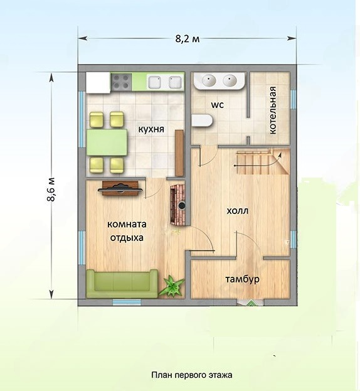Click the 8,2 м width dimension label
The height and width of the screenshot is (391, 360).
188,39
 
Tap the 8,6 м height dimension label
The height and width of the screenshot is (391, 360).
51,190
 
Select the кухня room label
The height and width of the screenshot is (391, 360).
151,129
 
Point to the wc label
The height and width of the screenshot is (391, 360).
218,105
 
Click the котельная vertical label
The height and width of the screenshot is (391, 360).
273,110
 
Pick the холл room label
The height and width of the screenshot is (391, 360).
238,211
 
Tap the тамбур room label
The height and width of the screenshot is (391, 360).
243,279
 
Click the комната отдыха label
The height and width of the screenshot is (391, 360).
127,231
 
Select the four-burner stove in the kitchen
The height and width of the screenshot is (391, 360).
121,82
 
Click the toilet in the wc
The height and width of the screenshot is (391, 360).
202,121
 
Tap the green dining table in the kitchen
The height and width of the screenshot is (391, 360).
107,142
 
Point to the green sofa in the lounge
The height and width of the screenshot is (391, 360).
122,284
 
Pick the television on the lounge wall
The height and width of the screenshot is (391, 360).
120,188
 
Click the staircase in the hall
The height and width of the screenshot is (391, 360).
263,161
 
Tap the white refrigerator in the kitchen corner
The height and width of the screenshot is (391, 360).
98,83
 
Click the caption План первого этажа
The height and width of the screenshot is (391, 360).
192,375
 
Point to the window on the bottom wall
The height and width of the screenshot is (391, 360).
123,303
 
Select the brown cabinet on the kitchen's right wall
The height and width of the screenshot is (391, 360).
179,153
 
